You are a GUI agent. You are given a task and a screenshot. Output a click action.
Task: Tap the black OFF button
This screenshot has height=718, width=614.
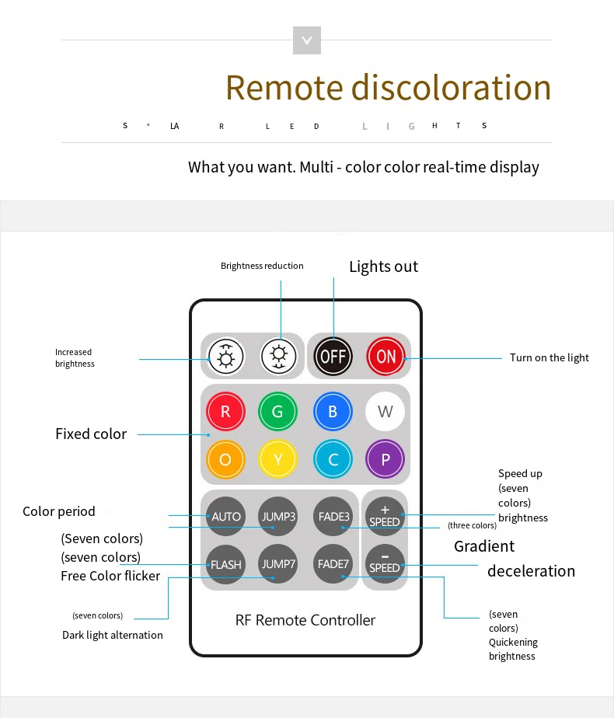coord(333,357)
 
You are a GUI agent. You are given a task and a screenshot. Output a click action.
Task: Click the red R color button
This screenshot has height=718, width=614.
coord(225,412)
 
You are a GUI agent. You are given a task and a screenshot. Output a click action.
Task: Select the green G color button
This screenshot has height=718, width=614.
coord(278,412)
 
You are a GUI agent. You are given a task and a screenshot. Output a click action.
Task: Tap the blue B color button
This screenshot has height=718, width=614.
coord(333,412)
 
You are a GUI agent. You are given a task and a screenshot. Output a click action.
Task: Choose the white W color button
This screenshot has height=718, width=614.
coord(385,412)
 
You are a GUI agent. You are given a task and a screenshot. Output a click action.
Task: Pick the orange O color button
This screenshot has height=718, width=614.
coord(225,459)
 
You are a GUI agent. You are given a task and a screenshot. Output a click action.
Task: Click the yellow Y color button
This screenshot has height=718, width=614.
coord(278,459)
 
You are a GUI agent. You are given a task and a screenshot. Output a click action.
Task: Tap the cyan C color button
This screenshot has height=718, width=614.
coord(333,459)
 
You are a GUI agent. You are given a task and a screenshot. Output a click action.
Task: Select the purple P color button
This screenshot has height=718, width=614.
coord(385,459)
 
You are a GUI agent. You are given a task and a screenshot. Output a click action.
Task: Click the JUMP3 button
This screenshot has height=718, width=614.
coord(278,516)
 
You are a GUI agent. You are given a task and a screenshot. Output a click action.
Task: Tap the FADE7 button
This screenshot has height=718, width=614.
coord(333,563)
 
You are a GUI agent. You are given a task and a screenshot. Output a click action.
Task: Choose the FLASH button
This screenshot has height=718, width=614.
coord(226,564)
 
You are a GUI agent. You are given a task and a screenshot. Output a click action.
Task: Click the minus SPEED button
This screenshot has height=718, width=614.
coord(385,563)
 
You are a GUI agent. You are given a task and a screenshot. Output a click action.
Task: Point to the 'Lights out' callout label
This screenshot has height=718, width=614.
coord(383,267)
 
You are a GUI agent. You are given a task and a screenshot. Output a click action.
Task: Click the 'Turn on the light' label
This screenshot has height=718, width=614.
coord(549,357)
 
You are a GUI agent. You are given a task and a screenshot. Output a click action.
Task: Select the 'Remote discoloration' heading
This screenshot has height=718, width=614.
coord(388,87)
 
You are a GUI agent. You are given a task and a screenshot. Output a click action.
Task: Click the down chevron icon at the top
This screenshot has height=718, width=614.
coord(307,40)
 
